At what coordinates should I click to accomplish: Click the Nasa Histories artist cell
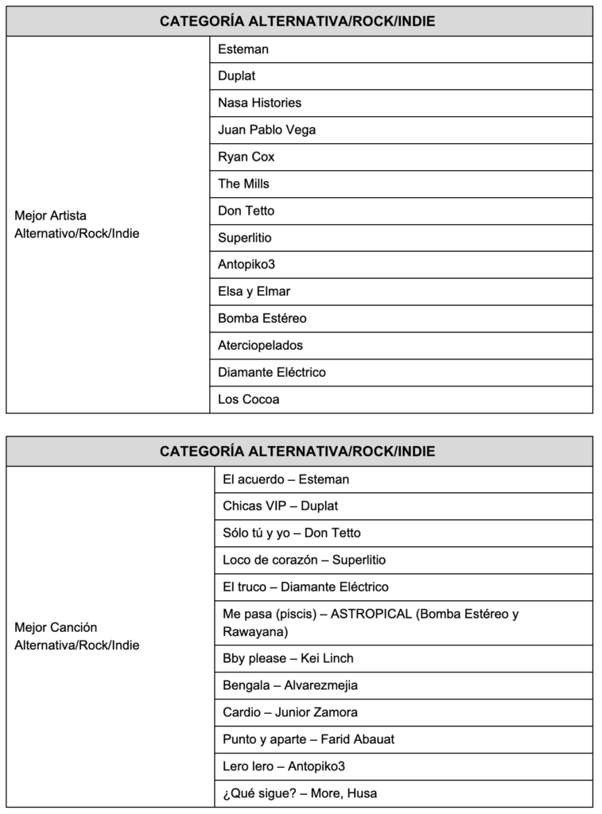(x=259, y=103)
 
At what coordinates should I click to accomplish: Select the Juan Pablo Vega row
(x=266, y=130)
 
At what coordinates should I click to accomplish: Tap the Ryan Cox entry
(x=246, y=157)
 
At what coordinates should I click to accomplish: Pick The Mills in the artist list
(x=243, y=184)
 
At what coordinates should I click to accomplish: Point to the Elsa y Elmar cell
(x=254, y=291)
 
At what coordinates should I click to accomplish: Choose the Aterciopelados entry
(x=260, y=345)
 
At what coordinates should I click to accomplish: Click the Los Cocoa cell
(x=248, y=399)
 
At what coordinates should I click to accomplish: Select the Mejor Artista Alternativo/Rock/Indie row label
(x=76, y=224)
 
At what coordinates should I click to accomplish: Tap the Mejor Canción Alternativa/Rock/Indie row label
(x=76, y=636)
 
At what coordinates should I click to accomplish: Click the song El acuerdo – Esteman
(x=285, y=479)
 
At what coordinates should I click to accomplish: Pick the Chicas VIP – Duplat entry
(x=281, y=506)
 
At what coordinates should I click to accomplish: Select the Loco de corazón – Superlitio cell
(x=304, y=560)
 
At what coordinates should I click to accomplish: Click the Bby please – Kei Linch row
(x=288, y=658)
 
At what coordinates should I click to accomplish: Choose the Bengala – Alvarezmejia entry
(x=290, y=685)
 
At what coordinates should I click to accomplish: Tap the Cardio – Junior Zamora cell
(x=290, y=712)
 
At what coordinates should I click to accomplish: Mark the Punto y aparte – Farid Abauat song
(x=309, y=739)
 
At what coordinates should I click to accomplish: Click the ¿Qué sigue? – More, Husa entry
(x=300, y=793)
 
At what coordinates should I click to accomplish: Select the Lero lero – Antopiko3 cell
(x=284, y=766)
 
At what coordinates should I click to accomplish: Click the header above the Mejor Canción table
(x=299, y=451)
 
